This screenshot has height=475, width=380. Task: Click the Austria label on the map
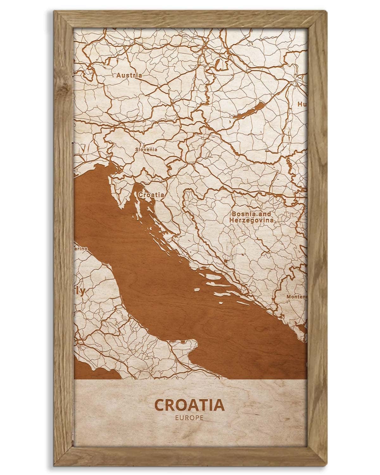(129, 75)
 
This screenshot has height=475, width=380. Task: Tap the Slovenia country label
(146, 149)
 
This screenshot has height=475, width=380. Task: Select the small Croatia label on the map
(151, 195)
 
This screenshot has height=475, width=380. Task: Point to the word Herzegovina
(252, 219)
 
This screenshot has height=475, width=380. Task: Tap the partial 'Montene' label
(296, 297)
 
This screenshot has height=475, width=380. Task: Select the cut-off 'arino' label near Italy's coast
(81, 249)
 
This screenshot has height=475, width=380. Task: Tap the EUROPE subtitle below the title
(189, 418)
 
